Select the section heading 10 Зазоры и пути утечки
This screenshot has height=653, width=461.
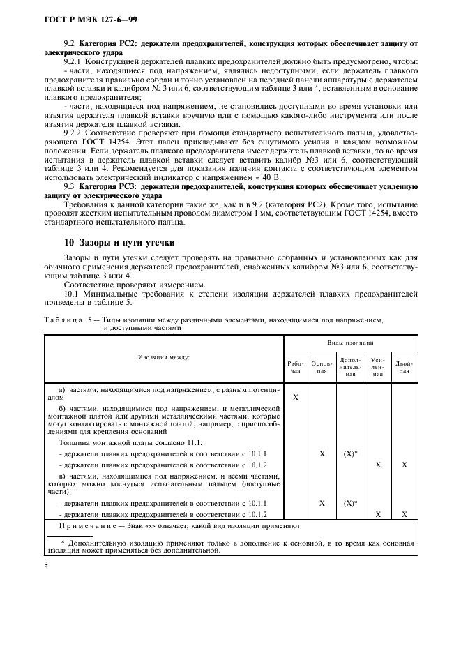[119, 243]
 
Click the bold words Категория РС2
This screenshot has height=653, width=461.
[107, 44]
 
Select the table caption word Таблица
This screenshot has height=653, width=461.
[61, 320]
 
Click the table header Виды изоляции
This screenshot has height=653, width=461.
[351, 343]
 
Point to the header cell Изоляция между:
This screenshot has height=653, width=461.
[164, 357]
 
